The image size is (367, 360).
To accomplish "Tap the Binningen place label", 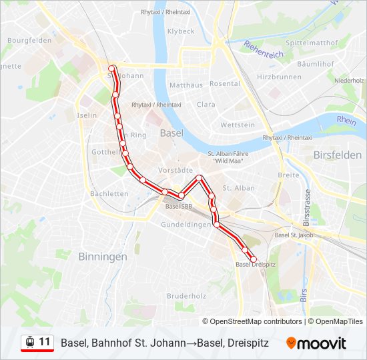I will (x=102, y=256).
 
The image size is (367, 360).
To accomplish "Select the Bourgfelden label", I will (x=29, y=40).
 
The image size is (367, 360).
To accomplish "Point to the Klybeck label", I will (x=181, y=31).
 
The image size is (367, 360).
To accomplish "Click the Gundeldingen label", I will (x=186, y=225).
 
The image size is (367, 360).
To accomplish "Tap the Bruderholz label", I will (x=186, y=295).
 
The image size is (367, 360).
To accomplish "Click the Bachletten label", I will (x=109, y=194).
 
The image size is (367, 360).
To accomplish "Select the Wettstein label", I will (x=238, y=125).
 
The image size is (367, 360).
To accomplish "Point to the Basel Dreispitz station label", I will (x=256, y=265).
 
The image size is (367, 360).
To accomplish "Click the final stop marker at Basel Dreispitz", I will (x=253, y=259).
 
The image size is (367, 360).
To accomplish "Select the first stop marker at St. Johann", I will (x=113, y=68).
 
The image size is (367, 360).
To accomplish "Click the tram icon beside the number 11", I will (x=29, y=342).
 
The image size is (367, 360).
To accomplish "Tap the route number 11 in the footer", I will (x=44, y=342).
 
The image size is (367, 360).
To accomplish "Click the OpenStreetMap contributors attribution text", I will (x=256, y=321).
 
